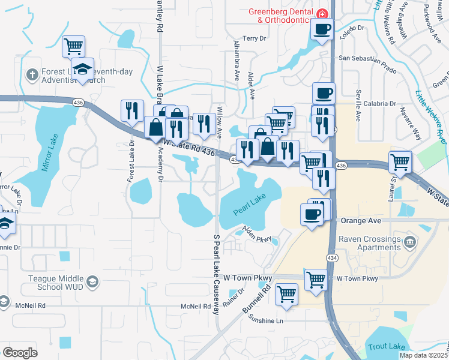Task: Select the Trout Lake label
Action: point(387,347)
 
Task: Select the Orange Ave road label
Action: point(361,221)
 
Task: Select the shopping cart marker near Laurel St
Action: point(400,161)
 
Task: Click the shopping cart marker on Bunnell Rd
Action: point(287,295)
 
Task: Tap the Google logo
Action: point(20,353)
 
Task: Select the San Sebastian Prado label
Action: point(368,58)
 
